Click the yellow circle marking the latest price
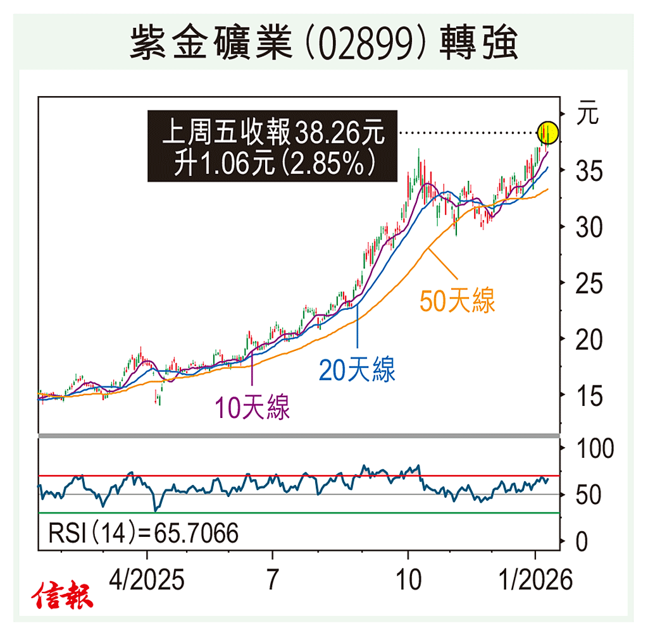[x=548, y=133]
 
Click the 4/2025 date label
[x=147, y=579]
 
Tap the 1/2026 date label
[x=535, y=579]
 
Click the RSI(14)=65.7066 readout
[x=143, y=534]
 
